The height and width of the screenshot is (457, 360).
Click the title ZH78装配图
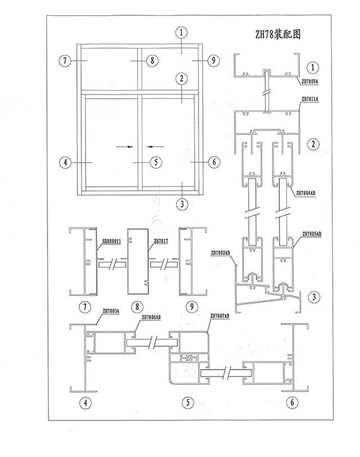click(x=277, y=34)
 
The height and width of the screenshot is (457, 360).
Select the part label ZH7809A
click(x=309, y=82)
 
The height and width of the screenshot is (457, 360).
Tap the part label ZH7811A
click(x=309, y=99)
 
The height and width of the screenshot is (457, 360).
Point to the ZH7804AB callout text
click(x=306, y=192)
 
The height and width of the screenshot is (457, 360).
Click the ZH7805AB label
click(x=312, y=234)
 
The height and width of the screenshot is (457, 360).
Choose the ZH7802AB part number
click(x=220, y=253)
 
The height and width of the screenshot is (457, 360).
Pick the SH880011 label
click(x=111, y=241)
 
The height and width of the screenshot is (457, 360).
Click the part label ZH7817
click(x=161, y=241)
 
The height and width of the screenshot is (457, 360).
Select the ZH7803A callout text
click(x=111, y=311)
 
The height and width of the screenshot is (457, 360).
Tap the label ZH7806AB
click(x=151, y=317)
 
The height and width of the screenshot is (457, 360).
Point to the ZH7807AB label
click(x=219, y=315)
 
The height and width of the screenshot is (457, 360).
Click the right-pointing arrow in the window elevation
click(x=125, y=146)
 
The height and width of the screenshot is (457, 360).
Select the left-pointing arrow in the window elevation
click(x=155, y=146)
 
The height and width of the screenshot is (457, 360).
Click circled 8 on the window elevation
click(x=152, y=61)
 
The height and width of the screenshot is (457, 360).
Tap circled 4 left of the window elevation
click(x=65, y=162)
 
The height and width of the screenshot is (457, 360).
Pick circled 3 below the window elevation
click(x=182, y=204)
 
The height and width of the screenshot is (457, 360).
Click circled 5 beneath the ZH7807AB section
click(x=188, y=402)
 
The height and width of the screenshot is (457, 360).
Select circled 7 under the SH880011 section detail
click(x=85, y=307)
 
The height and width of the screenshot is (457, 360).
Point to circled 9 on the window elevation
click(x=214, y=61)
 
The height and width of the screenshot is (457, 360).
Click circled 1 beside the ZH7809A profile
click(x=313, y=68)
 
